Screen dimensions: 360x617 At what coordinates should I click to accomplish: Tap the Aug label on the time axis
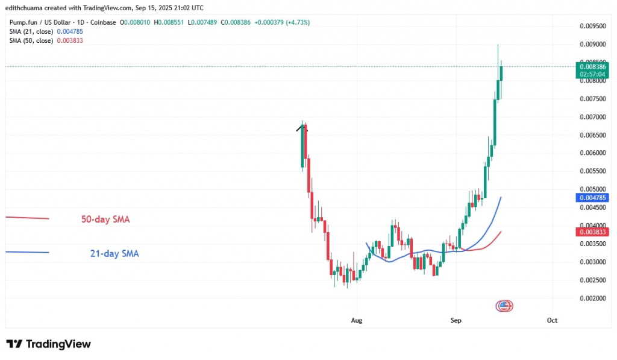357,321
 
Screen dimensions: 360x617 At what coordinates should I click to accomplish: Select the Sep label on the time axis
456,321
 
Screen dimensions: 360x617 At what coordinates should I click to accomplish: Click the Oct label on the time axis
552,321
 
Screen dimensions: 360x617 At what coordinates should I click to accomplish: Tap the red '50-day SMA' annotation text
105,219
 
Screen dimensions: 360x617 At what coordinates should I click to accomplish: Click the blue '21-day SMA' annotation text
114,254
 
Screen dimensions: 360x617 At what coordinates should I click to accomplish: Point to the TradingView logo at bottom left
49,344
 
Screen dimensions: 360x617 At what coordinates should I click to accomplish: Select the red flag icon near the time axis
504,306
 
